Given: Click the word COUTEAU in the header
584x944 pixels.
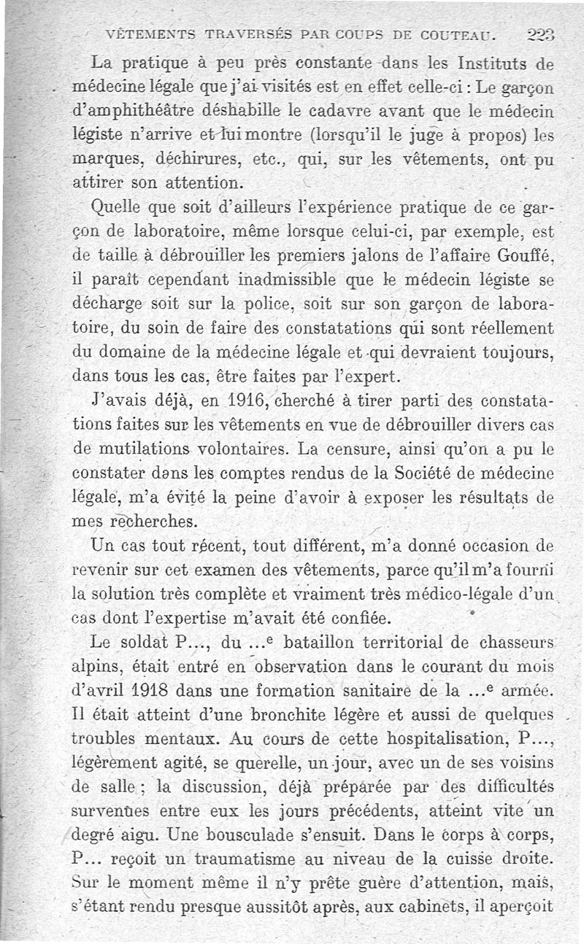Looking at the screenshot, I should click(x=458, y=33).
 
